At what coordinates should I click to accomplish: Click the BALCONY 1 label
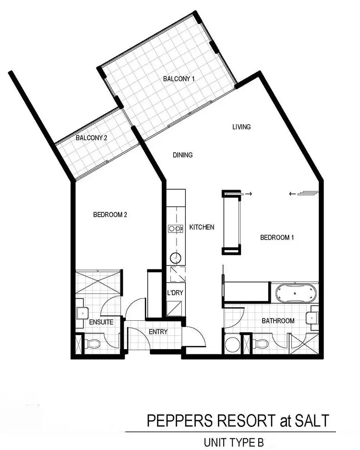pyautogui.click(x=179, y=79)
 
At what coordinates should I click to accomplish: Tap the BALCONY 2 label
pyautogui.click(x=91, y=138)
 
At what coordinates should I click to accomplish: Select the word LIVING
pyautogui.click(x=241, y=127)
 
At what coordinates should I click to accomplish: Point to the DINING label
pyautogui.click(x=182, y=155)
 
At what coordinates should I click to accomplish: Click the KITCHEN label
pyautogui.click(x=202, y=227)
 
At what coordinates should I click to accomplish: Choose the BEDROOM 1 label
pyautogui.click(x=277, y=237)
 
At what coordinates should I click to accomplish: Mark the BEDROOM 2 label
pyautogui.click(x=110, y=215)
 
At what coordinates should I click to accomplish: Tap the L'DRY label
pyautogui.click(x=175, y=292)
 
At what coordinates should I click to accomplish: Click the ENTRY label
pyautogui.click(x=158, y=332)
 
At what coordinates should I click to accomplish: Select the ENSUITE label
pyautogui.click(x=101, y=322)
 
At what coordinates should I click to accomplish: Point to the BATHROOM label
pyautogui.click(x=278, y=321)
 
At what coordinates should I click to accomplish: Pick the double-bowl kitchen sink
pyautogui.click(x=175, y=229)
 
